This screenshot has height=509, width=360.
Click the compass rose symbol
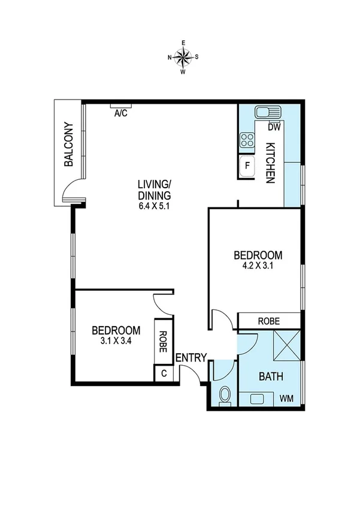183,57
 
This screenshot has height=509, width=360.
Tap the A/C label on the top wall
120,113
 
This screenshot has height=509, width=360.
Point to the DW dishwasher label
274,127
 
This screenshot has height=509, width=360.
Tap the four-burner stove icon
247,141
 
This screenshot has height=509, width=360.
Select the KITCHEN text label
270,162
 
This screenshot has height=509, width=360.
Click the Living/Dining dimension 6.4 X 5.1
154,206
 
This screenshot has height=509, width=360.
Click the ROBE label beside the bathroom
268,321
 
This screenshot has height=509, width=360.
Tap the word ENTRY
191,358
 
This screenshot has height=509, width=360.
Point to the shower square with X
285,347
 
